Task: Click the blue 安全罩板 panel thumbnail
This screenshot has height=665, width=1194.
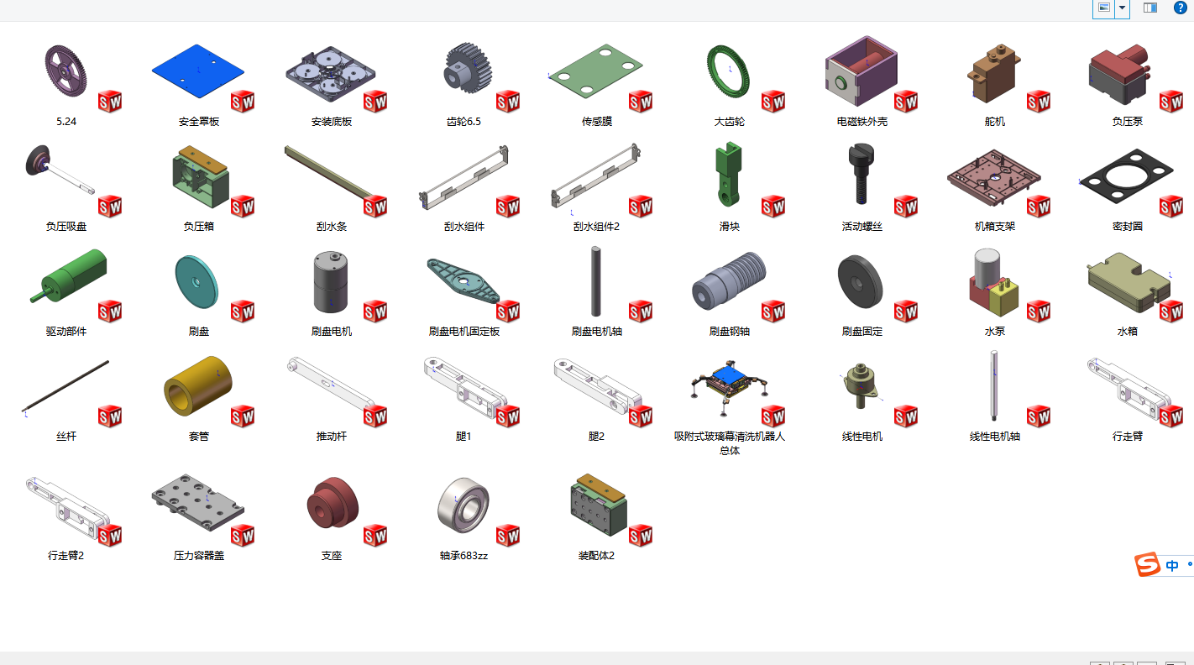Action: pos(198,71)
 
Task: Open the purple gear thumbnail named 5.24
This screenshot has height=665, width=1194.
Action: pos(65,71)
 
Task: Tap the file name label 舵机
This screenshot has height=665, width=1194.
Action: pos(994,122)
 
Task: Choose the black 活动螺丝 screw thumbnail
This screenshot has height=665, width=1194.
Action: pos(861,174)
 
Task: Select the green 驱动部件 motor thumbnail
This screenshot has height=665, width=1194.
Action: pos(70,276)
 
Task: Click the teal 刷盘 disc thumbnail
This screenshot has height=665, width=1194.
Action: pos(196,282)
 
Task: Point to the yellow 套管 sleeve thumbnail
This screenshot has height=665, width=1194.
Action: pos(198,385)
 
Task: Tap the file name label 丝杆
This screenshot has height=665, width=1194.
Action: pos(66,437)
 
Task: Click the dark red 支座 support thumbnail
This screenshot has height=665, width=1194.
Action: pos(332,502)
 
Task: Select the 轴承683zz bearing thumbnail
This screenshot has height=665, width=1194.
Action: pos(463,505)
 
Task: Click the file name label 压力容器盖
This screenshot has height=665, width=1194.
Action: pos(199,556)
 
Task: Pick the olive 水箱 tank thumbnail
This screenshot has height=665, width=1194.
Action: pos(1129,282)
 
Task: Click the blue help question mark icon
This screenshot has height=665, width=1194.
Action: pos(1180,8)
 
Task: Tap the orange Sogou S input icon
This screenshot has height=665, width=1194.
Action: pos(1147,564)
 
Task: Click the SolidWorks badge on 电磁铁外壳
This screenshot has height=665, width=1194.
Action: pos(906,102)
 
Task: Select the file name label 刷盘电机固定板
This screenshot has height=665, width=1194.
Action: pos(463,332)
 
